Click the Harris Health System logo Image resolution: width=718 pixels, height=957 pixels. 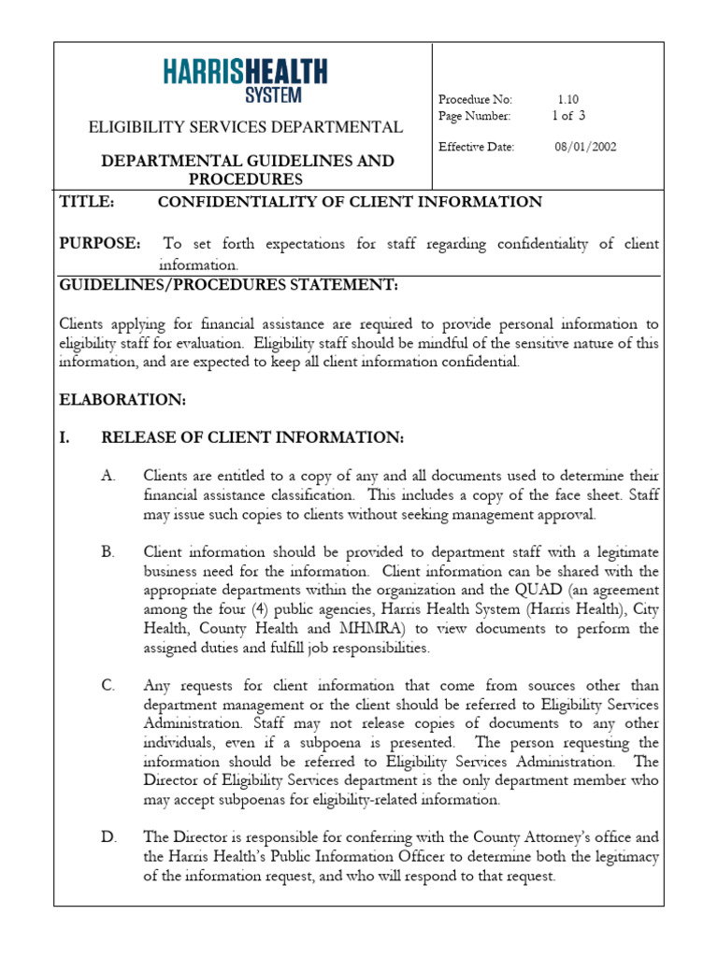click(245, 79)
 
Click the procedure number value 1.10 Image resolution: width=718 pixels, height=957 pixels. click(568, 99)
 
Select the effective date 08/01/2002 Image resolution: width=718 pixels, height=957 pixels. click(585, 147)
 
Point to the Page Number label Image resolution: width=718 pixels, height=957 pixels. click(474, 116)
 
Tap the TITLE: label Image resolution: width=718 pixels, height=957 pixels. click(87, 202)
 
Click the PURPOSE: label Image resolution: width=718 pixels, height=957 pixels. click(101, 244)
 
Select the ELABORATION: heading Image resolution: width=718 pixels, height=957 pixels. click(122, 400)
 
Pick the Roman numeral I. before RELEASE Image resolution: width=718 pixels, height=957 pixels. click(66, 437)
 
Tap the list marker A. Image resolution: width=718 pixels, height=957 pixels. click(108, 476)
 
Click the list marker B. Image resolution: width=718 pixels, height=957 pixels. click(108, 552)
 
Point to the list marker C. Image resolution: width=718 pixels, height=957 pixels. click(108, 686)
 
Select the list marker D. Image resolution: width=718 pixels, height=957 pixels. click(108, 837)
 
